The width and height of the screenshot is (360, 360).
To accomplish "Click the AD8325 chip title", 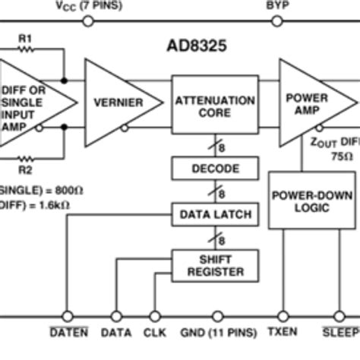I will (x=196, y=45).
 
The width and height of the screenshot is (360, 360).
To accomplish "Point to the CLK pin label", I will (x=155, y=333).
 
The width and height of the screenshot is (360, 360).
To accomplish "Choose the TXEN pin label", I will (x=283, y=333).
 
